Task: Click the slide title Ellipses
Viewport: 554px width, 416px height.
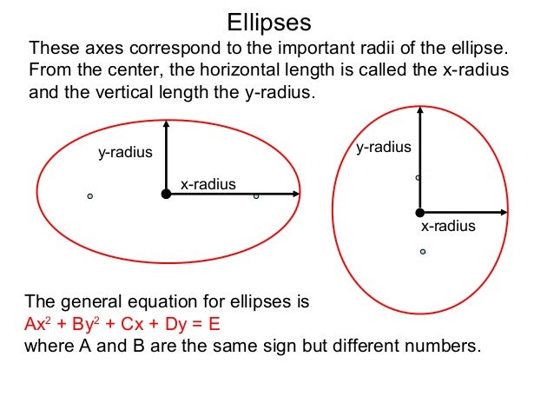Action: (x=268, y=21)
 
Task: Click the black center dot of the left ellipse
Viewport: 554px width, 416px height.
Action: (x=166, y=194)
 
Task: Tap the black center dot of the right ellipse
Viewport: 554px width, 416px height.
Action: (x=419, y=212)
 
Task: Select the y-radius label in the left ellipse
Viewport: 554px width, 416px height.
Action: (x=125, y=153)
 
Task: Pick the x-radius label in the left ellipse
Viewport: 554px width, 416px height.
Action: (x=208, y=184)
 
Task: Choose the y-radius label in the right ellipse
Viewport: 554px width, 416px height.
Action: (x=384, y=148)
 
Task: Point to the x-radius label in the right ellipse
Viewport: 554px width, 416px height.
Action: (x=448, y=227)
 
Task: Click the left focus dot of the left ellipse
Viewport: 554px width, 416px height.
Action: (x=89, y=196)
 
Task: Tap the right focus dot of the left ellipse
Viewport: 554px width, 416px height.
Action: (x=256, y=196)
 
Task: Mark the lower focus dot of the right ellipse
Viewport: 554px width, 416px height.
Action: (x=423, y=252)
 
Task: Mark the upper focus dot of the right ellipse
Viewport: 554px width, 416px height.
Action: (x=418, y=177)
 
